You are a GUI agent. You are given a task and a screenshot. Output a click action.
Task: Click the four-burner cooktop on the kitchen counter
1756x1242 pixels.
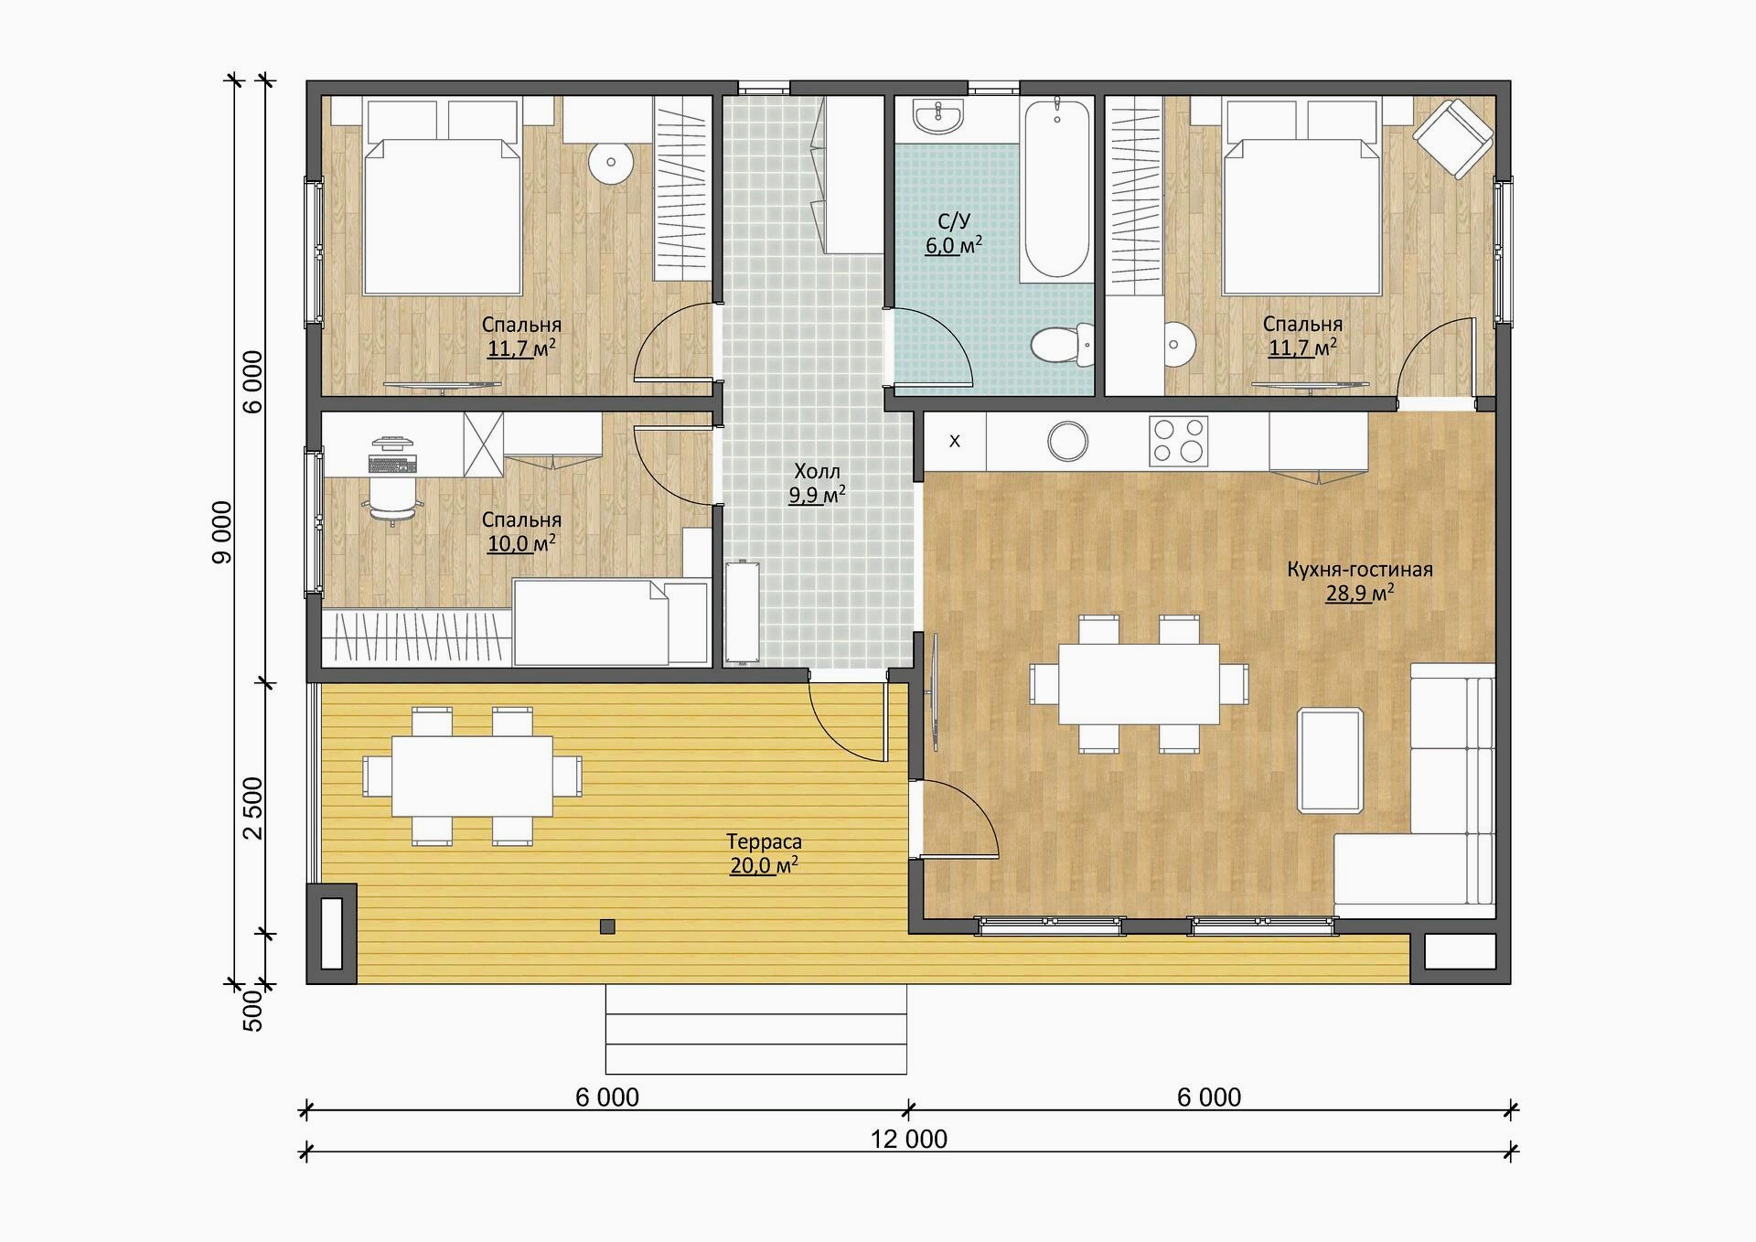[x=1178, y=441]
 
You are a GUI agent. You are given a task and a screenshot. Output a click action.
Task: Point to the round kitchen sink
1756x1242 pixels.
[x=1067, y=441]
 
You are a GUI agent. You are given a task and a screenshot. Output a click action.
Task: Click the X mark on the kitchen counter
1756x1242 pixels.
[x=955, y=441]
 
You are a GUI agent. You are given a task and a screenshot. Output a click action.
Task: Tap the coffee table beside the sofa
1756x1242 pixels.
[x=1331, y=760]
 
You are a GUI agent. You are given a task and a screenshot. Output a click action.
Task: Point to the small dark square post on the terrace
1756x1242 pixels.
[x=607, y=926]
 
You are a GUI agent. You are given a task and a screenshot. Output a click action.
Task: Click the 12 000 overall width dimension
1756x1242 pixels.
[x=908, y=1139]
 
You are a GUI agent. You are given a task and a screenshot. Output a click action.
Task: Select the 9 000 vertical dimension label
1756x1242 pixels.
[x=222, y=531]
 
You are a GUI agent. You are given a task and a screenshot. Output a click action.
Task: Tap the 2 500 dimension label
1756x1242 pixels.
[x=252, y=808]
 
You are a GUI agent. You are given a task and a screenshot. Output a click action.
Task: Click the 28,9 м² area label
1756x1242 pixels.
[x=1360, y=593]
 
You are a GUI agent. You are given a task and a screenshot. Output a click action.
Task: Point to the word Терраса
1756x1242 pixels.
[x=764, y=841]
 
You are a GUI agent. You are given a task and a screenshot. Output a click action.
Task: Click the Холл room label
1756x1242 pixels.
[x=817, y=472]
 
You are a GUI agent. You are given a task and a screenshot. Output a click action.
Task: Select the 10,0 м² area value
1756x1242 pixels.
[x=521, y=543]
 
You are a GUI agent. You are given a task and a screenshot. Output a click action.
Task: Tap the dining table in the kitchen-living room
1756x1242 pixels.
[x=1139, y=684]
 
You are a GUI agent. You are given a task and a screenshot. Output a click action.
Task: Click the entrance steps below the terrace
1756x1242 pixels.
[x=756, y=1029]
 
